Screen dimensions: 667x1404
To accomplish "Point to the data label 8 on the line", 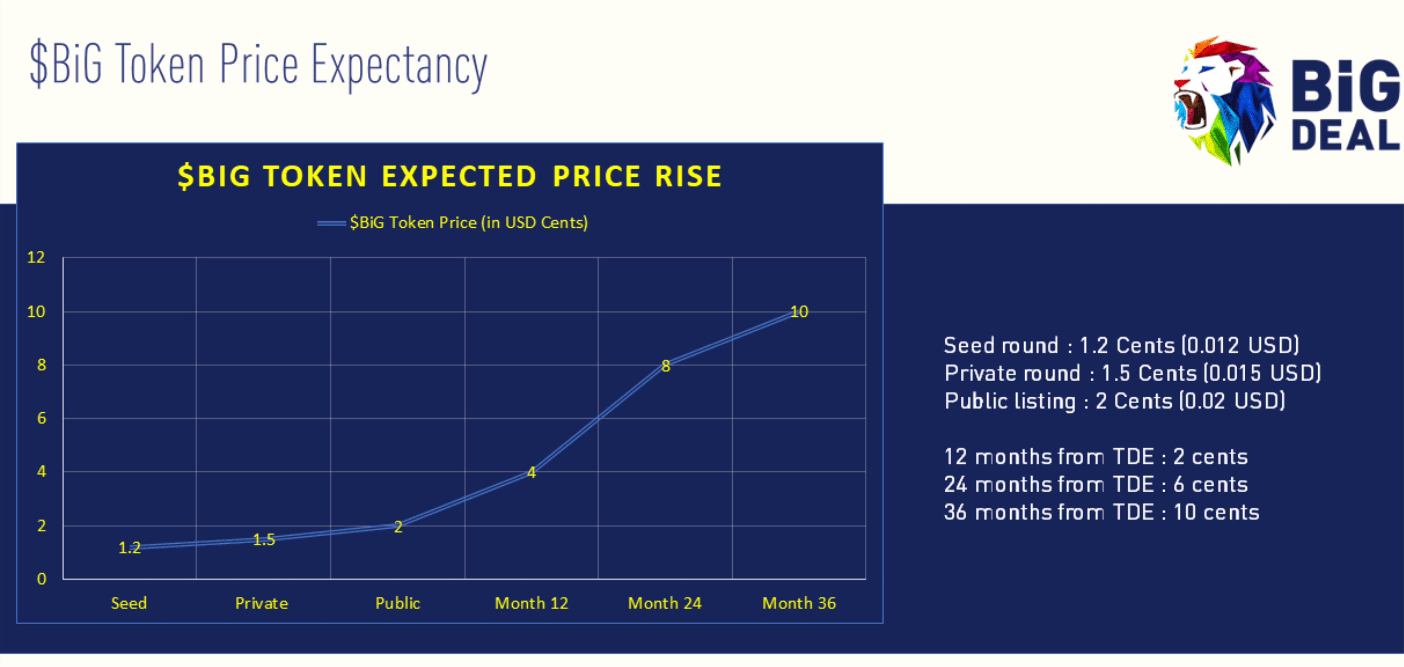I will coord(665,366).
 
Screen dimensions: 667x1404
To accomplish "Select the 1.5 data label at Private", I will coord(264,540).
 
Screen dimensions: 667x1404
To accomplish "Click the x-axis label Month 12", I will coord(531,603).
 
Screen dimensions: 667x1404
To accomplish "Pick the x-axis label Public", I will coord(397,603).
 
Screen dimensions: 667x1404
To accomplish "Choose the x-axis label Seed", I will coord(129,603).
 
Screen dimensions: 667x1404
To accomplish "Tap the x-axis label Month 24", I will coord(664,603).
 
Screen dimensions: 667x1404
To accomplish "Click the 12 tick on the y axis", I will coord(36,257).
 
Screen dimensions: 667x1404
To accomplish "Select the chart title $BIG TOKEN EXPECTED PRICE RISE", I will coord(450,176).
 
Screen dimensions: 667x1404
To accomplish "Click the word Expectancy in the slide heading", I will coord(399,66).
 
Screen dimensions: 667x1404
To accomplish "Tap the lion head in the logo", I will coord(1224,101).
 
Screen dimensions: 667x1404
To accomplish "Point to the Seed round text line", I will coord(1121,345).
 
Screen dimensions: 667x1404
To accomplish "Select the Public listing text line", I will coord(1114,401).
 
